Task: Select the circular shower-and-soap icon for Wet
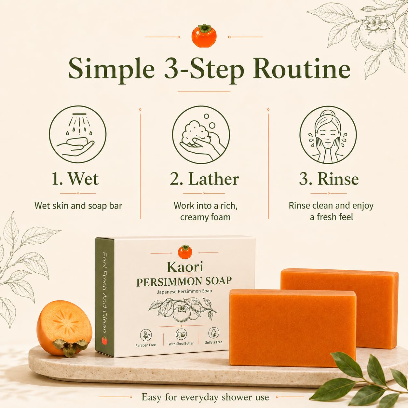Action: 78,134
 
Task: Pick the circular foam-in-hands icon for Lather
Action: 201,134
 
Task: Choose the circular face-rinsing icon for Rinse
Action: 328,135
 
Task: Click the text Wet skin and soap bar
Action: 78,206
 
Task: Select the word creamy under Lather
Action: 194,218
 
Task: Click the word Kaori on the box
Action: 185,267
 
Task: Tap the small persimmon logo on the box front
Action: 185,252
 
